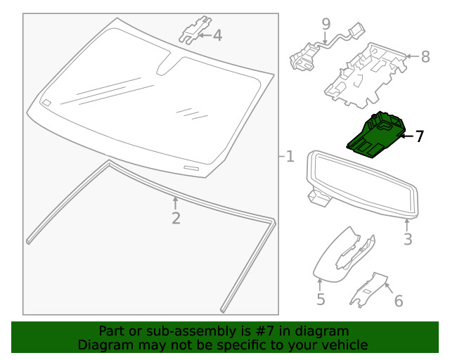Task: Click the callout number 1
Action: [290, 156]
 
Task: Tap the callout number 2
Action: [176, 218]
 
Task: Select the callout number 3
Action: [408, 240]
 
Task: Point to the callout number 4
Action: [217, 34]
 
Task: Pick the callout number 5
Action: [321, 300]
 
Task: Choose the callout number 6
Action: [398, 301]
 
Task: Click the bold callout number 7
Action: [420, 136]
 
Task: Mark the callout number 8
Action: [425, 56]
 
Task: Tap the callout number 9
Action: [326, 25]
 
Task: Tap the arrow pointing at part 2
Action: [176, 202]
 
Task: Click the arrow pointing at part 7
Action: [406, 136]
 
